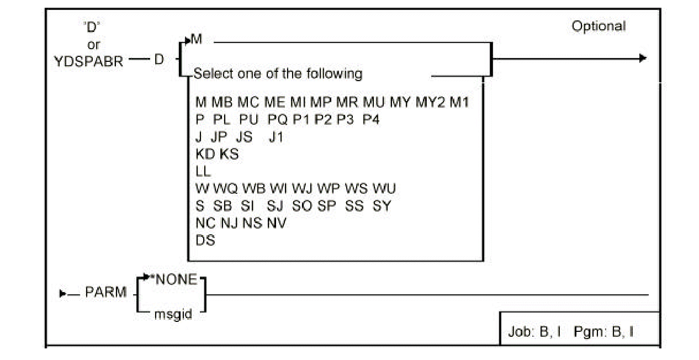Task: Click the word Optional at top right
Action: pos(599,27)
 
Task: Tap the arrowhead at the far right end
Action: pos(642,59)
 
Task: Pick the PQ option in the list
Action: pos(277,120)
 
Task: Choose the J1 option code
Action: pos(276,137)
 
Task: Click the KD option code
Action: pos(205,154)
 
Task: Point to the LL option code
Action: pos(203,171)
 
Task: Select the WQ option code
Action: pos(225,189)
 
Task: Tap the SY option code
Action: pos(382,206)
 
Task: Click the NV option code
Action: pos(277,223)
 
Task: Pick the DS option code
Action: pos(205,241)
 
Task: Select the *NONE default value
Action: pos(176,280)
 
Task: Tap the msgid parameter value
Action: pos(173,315)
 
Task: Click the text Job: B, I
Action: pos(534,332)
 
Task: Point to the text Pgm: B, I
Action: pos(607,332)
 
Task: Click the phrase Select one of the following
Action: pos(278,73)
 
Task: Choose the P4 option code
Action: pos(371,120)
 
